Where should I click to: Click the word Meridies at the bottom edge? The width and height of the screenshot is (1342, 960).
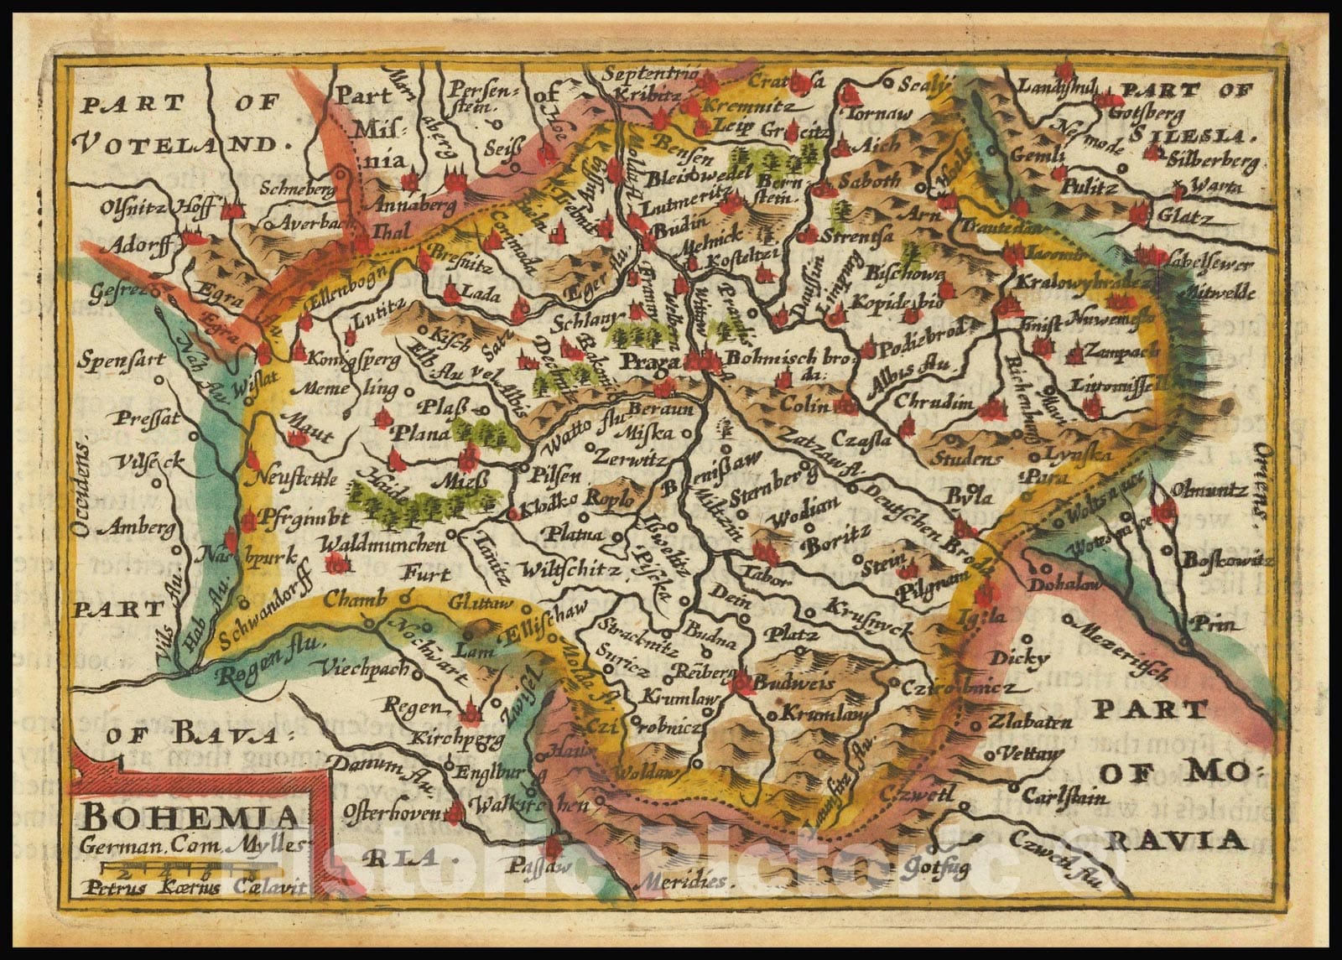[681, 882]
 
